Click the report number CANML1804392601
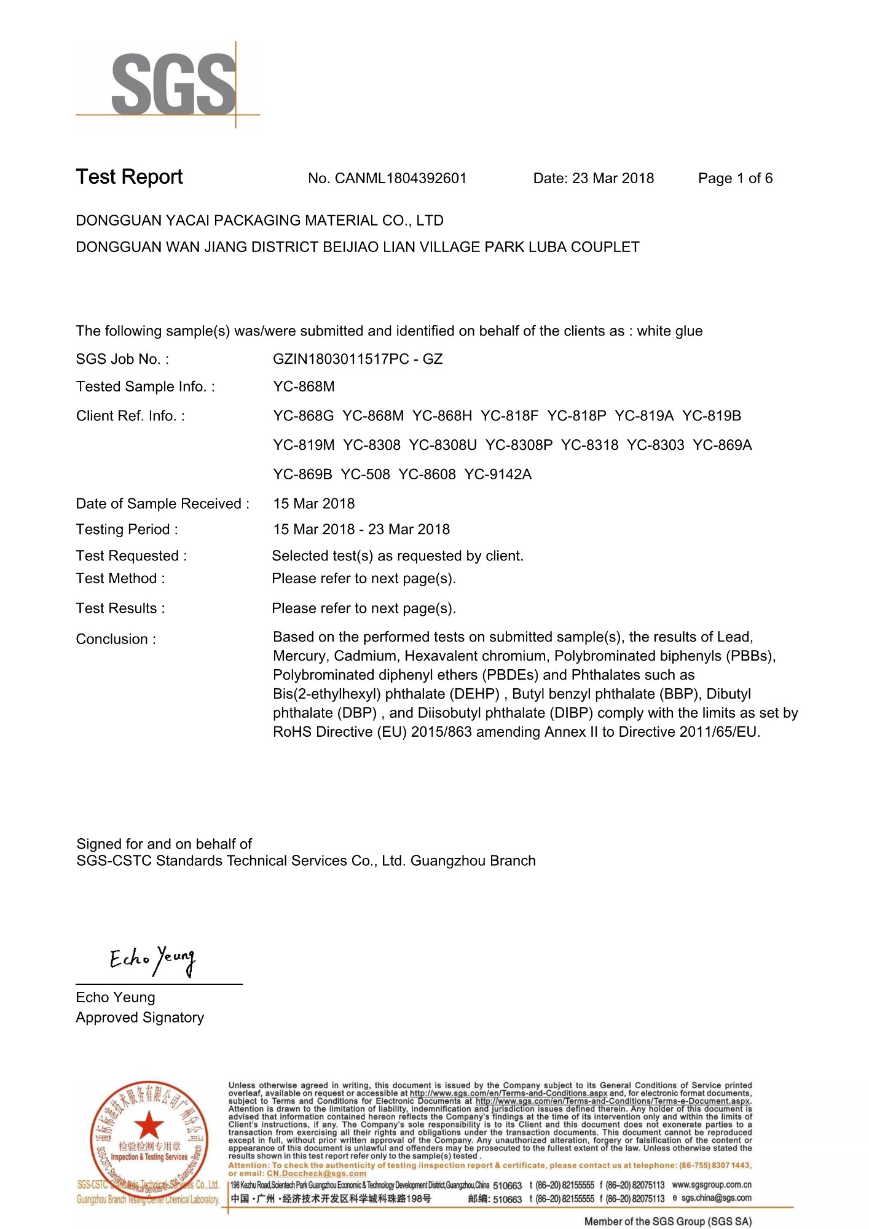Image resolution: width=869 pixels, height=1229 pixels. [x=401, y=178]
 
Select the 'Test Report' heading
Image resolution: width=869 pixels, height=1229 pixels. [x=129, y=177]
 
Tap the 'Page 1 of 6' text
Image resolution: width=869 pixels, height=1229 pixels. [x=735, y=178]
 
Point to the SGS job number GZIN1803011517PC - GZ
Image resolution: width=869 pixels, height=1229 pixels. [x=358, y=359]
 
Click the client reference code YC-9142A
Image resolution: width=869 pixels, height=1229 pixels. [x=498, y=474]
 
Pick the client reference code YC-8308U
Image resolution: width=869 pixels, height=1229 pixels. [x=442, y=445]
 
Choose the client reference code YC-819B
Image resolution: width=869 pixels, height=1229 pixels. [x=712, y=416]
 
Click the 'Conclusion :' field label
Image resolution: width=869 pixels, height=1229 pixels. [x=116, y=639]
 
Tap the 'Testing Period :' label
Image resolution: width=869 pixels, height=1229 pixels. [x=127, y=529]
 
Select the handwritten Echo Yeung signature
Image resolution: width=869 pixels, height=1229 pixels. [x=152, y=960]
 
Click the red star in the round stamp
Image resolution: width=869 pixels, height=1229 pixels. [x=149, y=1126]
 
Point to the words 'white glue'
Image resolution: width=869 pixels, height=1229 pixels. [x=669, y=331]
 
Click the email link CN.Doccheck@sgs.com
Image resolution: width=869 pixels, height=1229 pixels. [x=316, y=1173]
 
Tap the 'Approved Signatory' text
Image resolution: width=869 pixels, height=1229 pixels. [x=140, y=1018]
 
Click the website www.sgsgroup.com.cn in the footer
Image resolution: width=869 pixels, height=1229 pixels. [x=712, y=1184]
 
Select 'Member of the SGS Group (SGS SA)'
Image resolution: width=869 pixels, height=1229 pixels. [x=668, y=1222]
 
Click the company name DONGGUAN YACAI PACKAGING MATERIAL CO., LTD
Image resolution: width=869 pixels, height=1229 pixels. [x=259, y=221]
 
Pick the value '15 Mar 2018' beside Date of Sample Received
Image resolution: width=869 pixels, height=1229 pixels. [x=314, y=503]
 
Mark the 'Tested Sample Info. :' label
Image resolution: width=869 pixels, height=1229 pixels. [x=146, y=387]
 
